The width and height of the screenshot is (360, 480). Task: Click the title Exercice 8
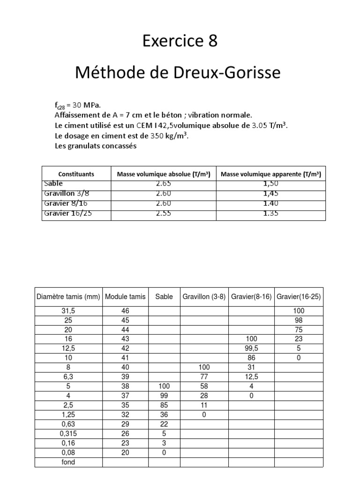click(180, 42)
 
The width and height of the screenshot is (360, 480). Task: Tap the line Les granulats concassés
click(96, 146)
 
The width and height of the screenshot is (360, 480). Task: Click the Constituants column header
click(76, 174)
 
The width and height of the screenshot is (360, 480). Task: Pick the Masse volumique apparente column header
click(270, 174)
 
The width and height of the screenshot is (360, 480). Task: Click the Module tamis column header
click(125, 297)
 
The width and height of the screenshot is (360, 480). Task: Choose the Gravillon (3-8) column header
click(203, 297)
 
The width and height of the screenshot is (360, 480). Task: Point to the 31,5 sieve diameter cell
click(69, 311)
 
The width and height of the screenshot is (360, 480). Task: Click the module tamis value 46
click(125, 311)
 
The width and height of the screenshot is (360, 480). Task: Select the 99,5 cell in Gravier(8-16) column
click(251, 348)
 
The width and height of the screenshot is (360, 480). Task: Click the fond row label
click(69, 462)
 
